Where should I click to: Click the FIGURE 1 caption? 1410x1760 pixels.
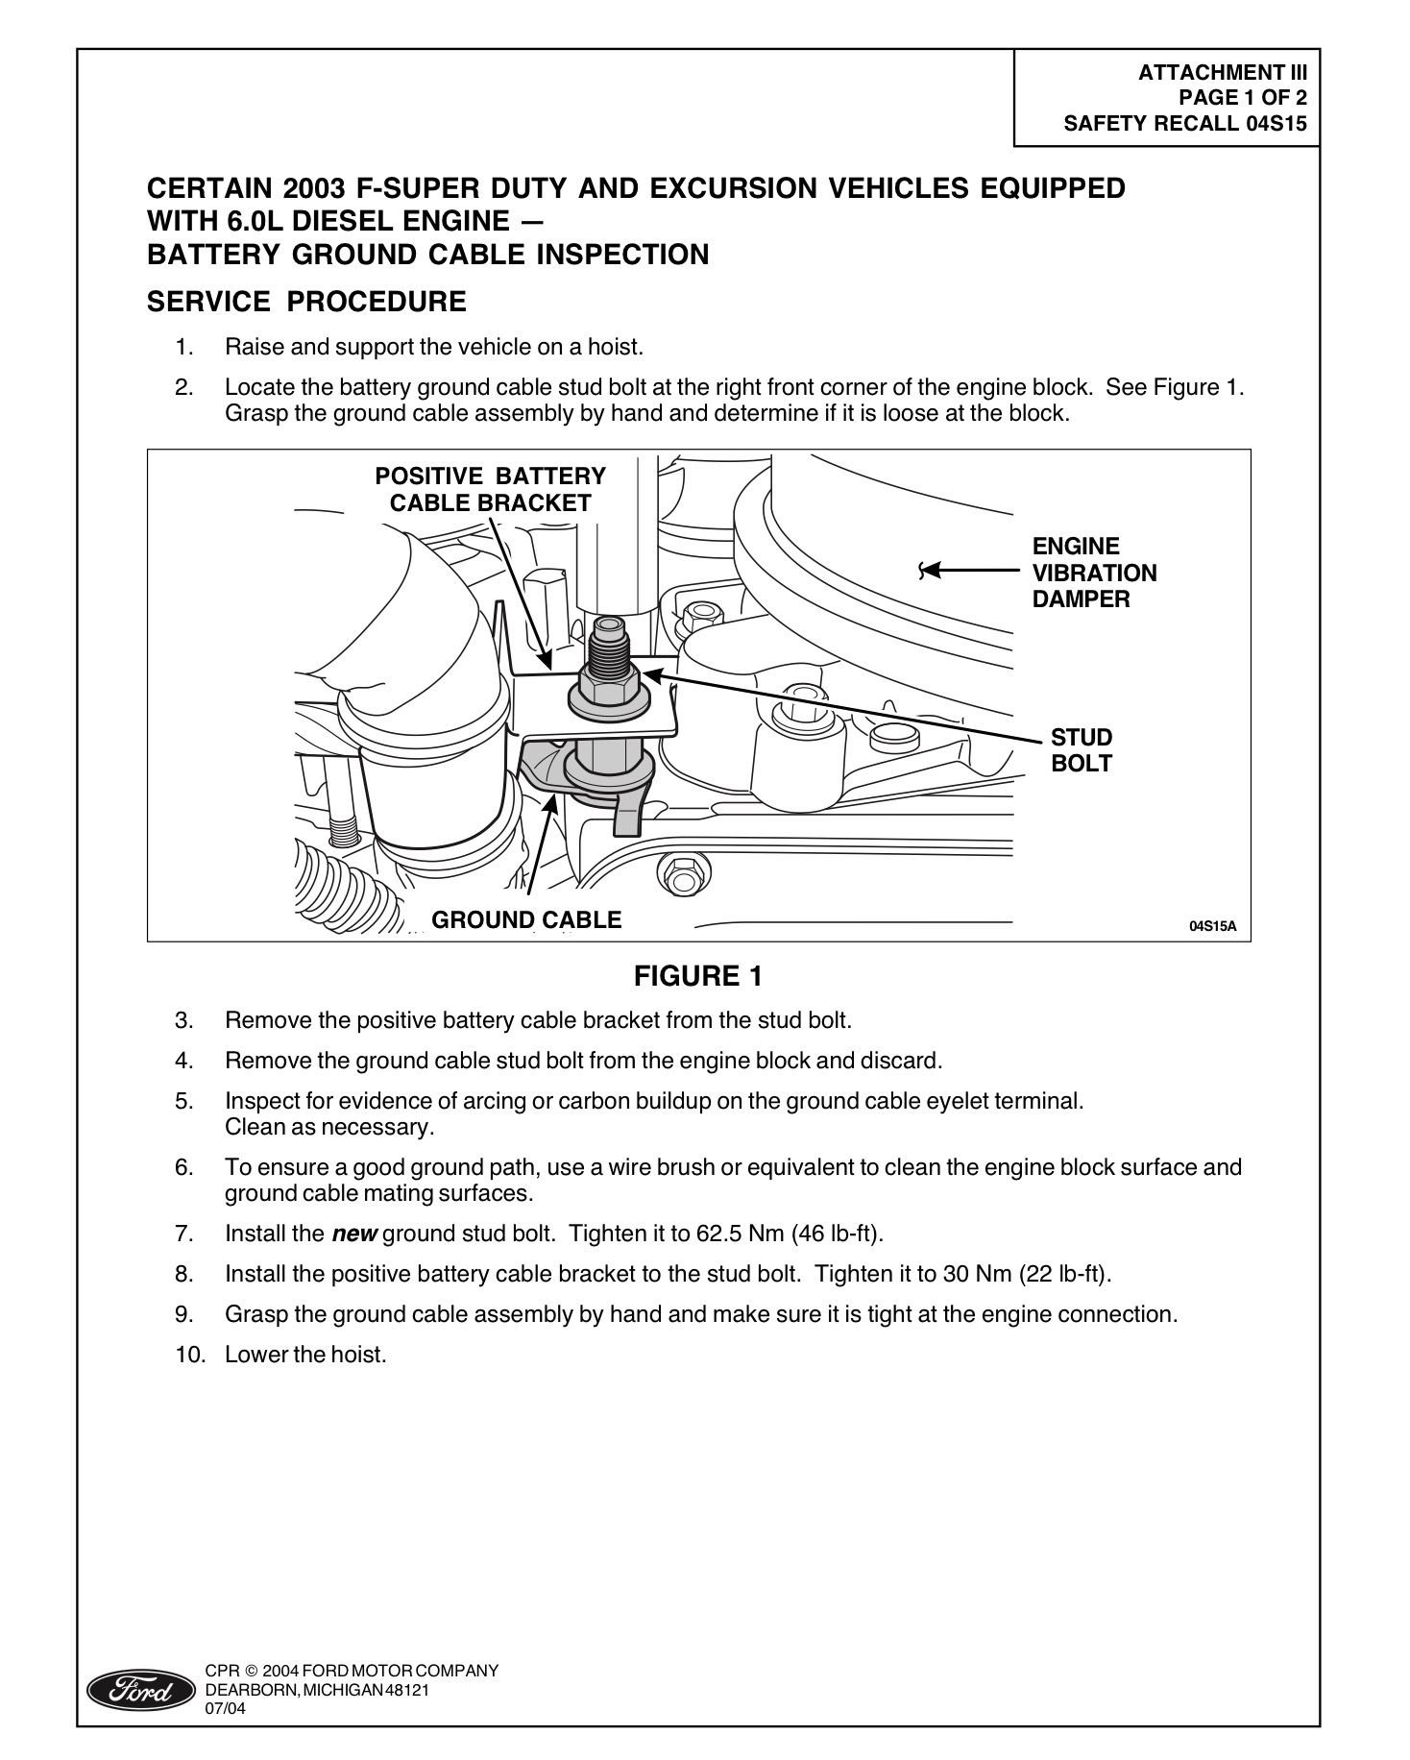pyautogui.click(x=698, y=977)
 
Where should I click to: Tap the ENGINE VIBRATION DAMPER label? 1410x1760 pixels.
pyautogui.click(x=1094, y=573)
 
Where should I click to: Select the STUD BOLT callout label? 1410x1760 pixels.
pyautogui.click(x=1081, y=750)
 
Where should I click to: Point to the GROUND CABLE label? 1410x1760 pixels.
pyautogui.click(x=526, y=919)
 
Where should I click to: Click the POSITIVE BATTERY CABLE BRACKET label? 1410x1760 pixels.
pyautogui.click(x=490, y=489)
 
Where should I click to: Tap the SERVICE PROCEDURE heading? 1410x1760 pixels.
pyautogui.click(x=306, y=302)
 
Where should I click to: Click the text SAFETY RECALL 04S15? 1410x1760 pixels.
pyautogui.click(x=1185, y=123)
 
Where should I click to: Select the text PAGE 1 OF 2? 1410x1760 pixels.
pyautogui.click(x=1242, y=97)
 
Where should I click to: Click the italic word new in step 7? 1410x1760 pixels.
pyautogui.click(x=353, y=1234)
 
